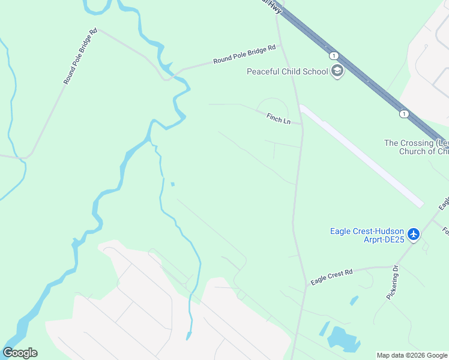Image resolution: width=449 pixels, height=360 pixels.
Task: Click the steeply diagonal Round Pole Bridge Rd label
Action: pyautogui.click(x=80, y=56)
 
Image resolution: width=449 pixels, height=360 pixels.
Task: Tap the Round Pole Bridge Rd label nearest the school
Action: pyautogui.click(x=244, y=54)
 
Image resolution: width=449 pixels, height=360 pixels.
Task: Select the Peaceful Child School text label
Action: pyautogui.click(x=288, y=72)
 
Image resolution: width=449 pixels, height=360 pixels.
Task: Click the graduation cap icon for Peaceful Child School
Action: pyautogui.click(x=337, y=72)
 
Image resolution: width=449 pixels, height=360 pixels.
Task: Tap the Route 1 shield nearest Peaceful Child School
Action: pyautogui.click(x=333, y=56)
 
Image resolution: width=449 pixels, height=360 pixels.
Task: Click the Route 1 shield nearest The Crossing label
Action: pyautogui.click(x=405, y=113)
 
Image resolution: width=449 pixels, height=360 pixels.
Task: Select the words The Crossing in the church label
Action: pyautogui.click(x=408, y=143)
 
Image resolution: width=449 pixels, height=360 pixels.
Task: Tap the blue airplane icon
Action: pyautogui.click(x=413, y=233)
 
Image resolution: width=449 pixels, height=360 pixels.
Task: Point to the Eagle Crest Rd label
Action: pyautogui.click(x=331, y=277)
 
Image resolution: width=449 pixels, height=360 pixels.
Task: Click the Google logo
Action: pyautogui.click(x=20, y=353)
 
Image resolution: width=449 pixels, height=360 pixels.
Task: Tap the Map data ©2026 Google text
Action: pyautogui.click(x=412, y=355)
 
